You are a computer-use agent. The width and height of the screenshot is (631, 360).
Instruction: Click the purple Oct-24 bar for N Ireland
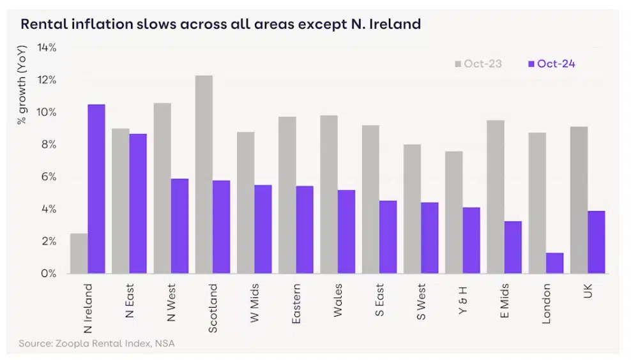[x=96, y=189]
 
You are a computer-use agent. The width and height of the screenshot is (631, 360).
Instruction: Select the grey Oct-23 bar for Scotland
[x=204, y=174]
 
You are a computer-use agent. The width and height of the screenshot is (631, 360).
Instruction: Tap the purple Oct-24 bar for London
[x=555, y=263]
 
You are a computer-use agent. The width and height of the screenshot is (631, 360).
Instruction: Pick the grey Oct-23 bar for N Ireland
[x=79, y=253]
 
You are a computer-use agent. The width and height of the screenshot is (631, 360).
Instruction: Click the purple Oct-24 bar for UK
[x=596, y=242]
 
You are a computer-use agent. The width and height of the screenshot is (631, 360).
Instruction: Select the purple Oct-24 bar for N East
[x=138, y=204]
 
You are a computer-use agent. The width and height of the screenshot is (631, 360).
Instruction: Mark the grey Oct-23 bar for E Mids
[x=496, y=197]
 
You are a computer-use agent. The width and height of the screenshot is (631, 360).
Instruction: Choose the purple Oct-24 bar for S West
[x=430, y=237]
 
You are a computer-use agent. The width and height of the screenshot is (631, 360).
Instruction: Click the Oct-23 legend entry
[x=478, y=64]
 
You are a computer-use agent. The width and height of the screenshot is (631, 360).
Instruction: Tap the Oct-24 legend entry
[x=551, y=64]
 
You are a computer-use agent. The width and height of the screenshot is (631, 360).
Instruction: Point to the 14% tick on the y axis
[x=47, y=48]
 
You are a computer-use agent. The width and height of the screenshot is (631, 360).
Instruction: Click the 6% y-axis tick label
[x=49, y=177]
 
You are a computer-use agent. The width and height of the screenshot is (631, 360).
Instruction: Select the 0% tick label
[x=49, y=273]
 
